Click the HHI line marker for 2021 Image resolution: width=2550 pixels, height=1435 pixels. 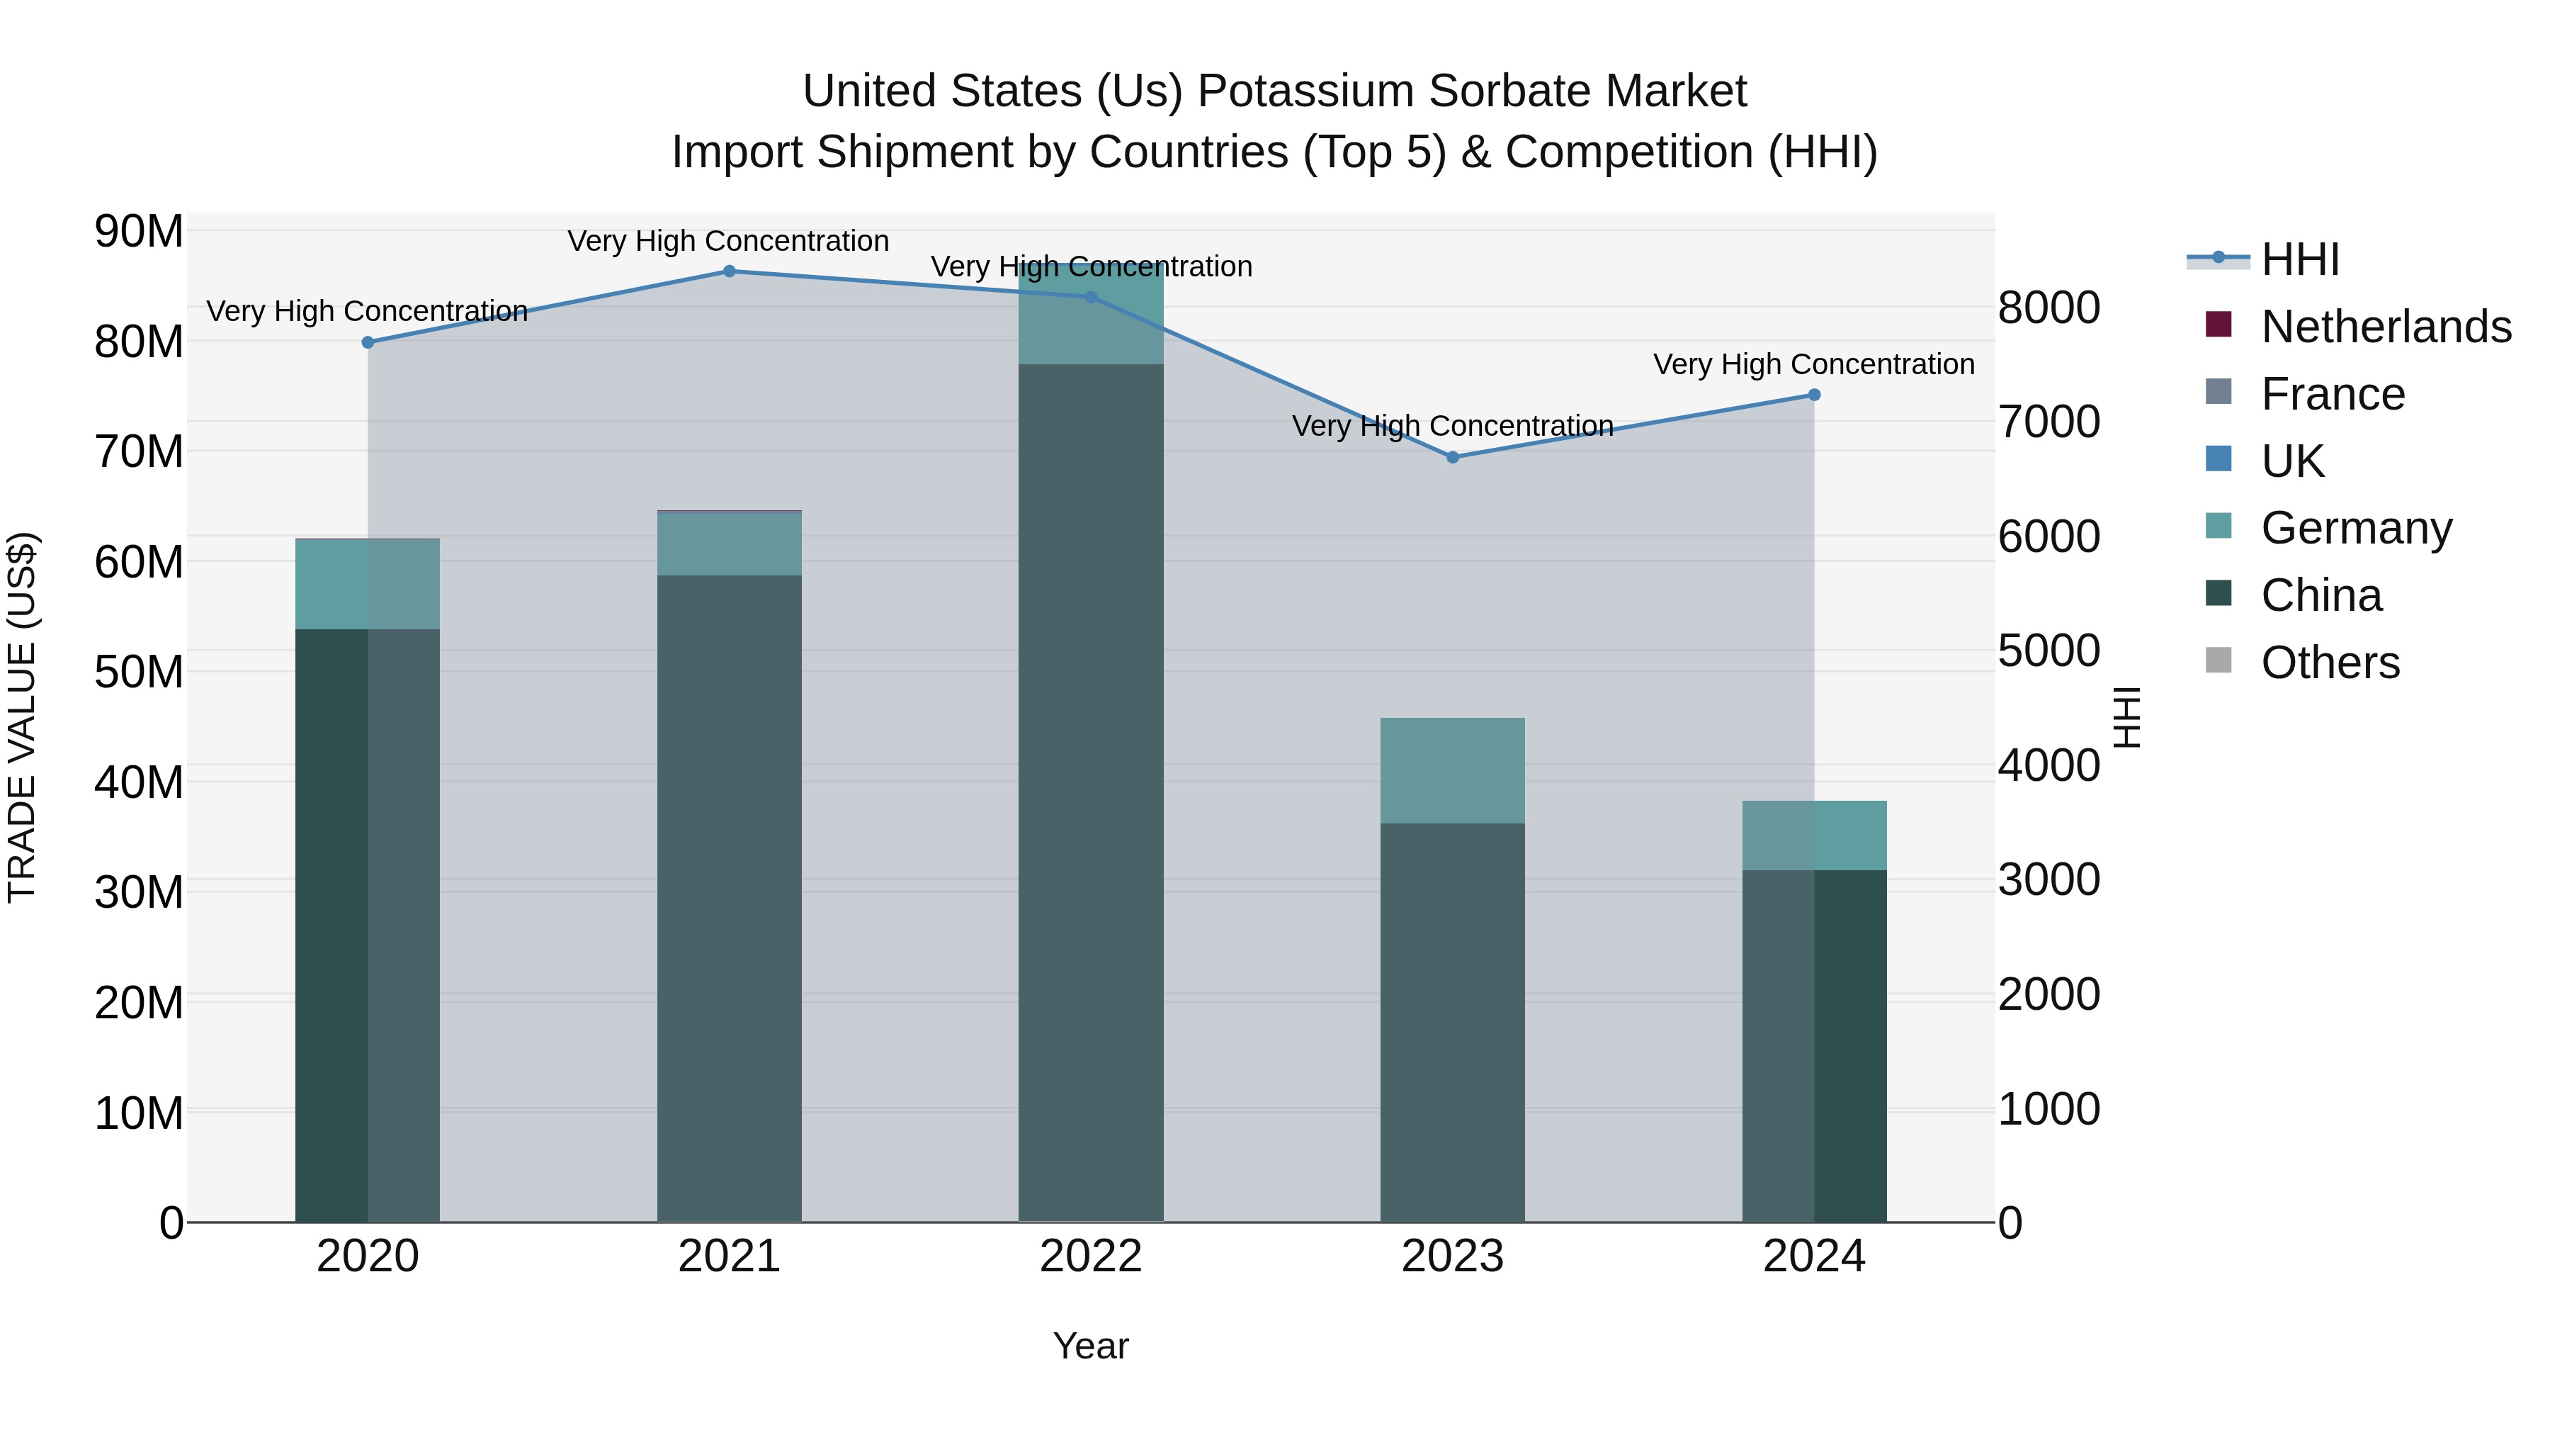(x=730, y=271)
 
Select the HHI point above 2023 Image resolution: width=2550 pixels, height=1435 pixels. (x=1452, y=458)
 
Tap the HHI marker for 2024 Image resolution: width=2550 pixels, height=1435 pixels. (x=1813, y=395)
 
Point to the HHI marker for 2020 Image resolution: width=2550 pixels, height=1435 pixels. (x=367, y=343)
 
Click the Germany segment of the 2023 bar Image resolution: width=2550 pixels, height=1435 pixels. (x=1452, y=770)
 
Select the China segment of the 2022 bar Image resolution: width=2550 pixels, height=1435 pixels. (x=1091, y=792)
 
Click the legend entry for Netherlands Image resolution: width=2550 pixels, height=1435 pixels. (x=2386, y=327)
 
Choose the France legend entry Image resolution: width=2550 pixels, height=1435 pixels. (x=2333, y=394)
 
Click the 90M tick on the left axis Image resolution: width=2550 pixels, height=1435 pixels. (x=139, y=232)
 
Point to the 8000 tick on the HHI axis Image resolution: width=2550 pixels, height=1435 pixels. (x=2048, y=308)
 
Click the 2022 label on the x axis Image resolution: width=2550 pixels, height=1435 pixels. (x=1091, y=1256)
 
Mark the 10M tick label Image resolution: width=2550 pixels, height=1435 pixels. (x=139, y=1113)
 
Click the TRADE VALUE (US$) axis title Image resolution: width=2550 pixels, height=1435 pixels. (x=22, y=717)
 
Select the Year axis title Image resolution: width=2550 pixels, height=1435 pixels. (x=1091, y=1346)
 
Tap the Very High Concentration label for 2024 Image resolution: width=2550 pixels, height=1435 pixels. (x=1813, y=364)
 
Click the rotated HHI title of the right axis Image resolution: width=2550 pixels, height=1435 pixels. (x=2125, y=717)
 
